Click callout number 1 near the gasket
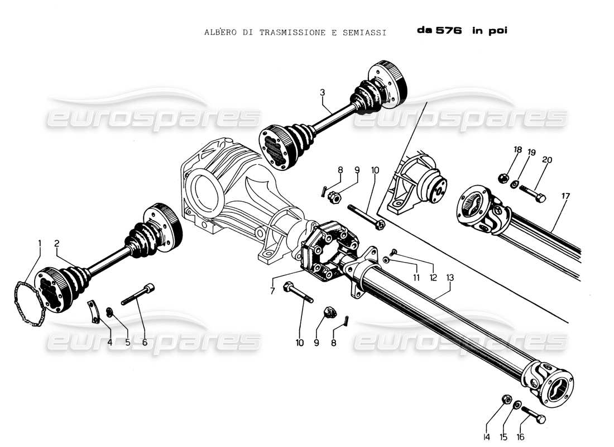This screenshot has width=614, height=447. [40, 243]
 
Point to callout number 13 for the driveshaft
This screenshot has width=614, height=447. [449, 278]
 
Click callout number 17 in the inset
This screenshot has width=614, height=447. [565, 196]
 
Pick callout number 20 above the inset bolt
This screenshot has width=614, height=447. [547, 160]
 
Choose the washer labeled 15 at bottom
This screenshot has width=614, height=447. [519, 405]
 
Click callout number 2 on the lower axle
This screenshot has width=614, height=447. [57, 243]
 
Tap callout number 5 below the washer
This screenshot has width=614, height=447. [127, 342]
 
